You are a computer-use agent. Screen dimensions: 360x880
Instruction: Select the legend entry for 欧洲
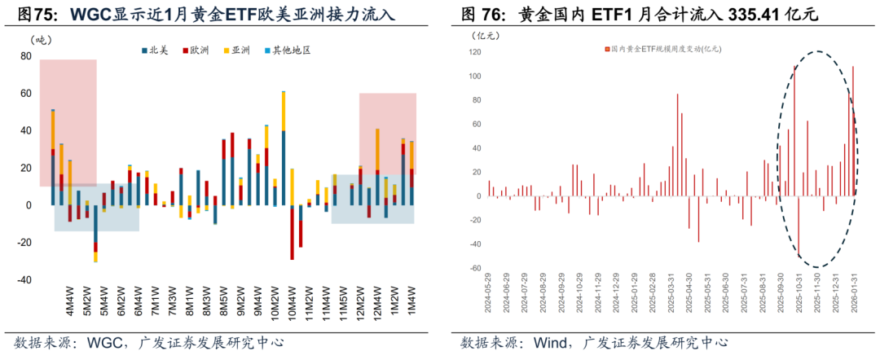[196, 50]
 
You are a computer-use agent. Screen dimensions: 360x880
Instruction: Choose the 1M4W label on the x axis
[412, 301]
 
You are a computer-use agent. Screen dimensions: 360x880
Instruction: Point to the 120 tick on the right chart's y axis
[473, 52]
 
